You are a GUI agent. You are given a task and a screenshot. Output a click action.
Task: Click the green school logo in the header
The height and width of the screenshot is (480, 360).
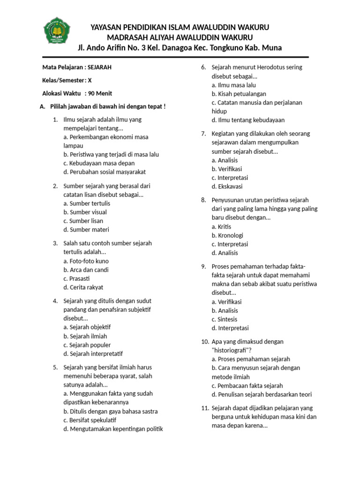(x=57, y=30)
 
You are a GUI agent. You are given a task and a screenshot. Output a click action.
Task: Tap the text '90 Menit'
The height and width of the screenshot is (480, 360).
(x=100, y=93)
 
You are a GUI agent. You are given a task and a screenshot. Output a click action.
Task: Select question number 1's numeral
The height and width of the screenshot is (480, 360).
(x=55, y=120)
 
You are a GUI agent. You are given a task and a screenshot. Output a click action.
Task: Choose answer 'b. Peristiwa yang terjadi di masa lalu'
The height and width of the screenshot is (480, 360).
(x=111, y=154)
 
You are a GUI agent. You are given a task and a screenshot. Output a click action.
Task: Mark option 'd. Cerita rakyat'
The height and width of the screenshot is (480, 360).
(x=83, y=287)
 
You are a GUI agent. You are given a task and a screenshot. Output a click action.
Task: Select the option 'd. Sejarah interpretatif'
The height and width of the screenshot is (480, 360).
(x=96, y=353)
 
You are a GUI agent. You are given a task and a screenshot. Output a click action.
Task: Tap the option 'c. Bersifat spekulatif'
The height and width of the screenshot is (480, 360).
(x=90, y=420)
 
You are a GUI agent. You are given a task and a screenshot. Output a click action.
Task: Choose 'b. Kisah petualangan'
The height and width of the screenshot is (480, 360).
(x=239, y=94)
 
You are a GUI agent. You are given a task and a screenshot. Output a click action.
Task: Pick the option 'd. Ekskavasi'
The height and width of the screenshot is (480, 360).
(x=227, y=186)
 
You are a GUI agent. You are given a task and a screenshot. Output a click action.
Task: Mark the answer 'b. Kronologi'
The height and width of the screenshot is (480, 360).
(x=227, y=235)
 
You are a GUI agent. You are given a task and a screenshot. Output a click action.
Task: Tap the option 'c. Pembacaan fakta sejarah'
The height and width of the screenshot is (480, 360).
(x=247, y=385)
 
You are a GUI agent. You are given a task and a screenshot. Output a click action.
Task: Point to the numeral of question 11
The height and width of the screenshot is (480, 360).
(x=204, y=408)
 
